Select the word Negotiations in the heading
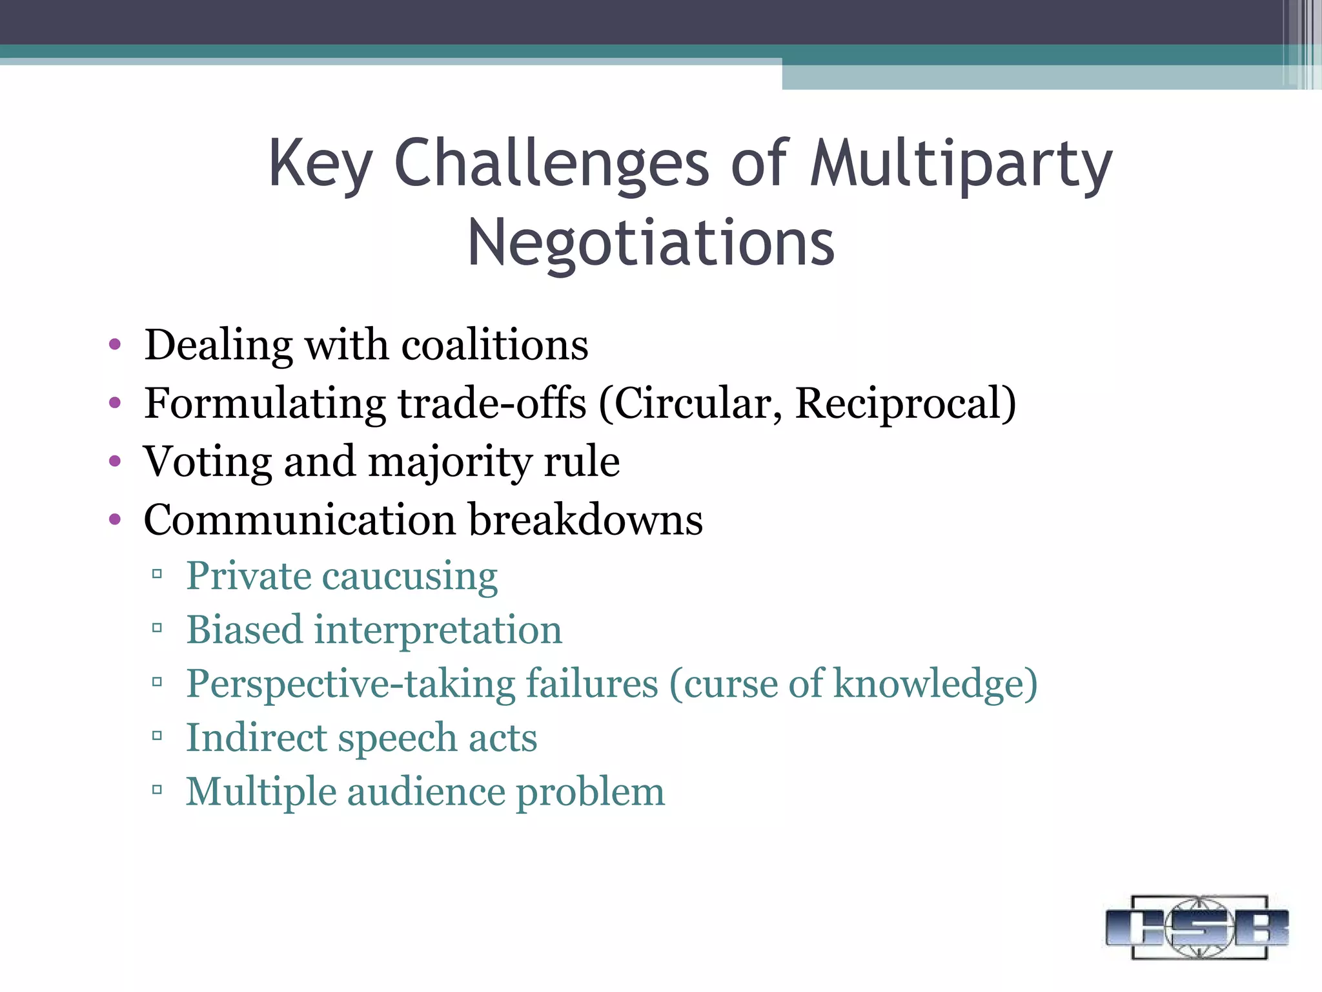(651, 243)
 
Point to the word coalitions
(494, 345)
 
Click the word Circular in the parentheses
(691, 404)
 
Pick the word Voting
(208, 463)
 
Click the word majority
(449, 463)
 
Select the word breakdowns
(585, 521)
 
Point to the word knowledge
(935, 684)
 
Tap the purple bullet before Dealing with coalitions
(115, 345)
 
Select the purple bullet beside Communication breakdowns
(115, 519)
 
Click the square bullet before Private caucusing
(157, 573)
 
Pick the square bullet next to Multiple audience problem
(157, 789)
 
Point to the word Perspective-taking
(350, 684)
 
